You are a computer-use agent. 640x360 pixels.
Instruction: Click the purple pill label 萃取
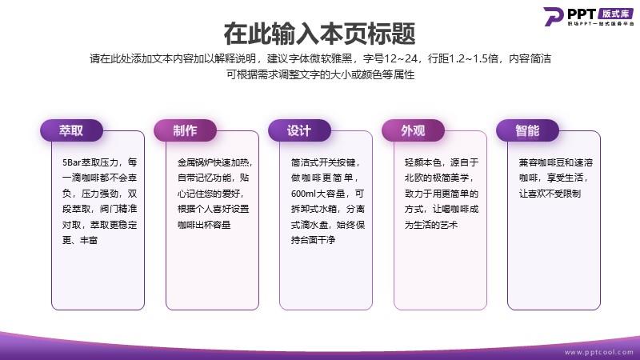pyautogui.click(x=71, y=130)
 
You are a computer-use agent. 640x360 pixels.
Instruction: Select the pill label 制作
pyautogui.click(x=185, y=130)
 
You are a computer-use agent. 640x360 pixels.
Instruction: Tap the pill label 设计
pyautogui.click(x=299, y=130)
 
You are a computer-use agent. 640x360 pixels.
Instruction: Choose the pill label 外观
pyautogui.click(x=413, y=130)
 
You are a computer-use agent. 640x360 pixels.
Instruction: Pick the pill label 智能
pyautogui.click(x=527, y=130)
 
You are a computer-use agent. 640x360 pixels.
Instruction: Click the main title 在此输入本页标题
pyautogui.click(x=319, y=34)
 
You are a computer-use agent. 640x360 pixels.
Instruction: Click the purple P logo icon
pyautogui.click(x=553, y=16)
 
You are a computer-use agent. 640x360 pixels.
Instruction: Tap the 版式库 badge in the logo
pyautogui.click(x=615, y=14)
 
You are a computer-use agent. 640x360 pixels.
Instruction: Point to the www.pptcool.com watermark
pyautogui.click(x=598, y=352)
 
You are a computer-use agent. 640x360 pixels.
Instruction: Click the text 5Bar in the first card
pyautogui.click(x=71, y=162)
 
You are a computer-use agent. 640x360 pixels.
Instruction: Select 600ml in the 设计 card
pyautogui.click(x=303, y=194)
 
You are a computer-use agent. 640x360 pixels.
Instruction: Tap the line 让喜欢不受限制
pyautogui.click(x=550, y=194)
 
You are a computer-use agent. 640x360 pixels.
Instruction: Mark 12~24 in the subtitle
pyautogui.click(x=401, y=58)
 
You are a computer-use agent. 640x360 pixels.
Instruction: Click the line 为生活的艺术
pyautogui.click(x=431, y=225)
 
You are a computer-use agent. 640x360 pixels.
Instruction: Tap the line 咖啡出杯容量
pyautogui.click(x=204, y=225)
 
